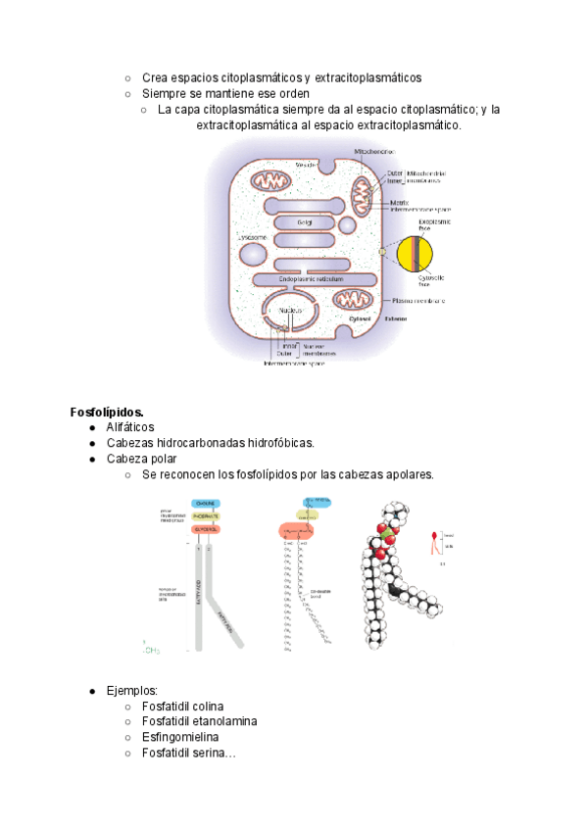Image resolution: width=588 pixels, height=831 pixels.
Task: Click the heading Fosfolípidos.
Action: click(107, 411)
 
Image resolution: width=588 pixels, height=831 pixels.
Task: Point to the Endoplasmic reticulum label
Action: click(311, 279)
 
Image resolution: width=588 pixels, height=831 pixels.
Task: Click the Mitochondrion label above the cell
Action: click(375, 152)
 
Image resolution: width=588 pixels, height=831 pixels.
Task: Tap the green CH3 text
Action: click(151, 650)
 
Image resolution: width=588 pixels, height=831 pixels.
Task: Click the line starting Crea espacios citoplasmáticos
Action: click(281, 77)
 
